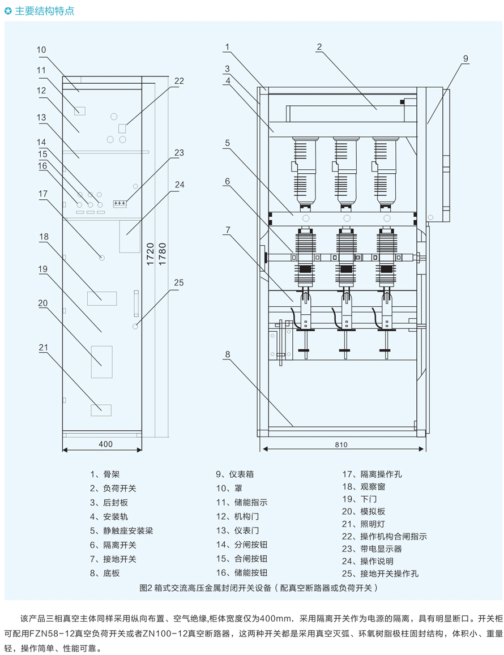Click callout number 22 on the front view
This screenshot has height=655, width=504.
[x=179, y=81]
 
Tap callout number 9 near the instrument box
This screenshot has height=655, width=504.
[x=465, y=58]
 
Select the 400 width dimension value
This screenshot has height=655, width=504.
[x=106, y=444]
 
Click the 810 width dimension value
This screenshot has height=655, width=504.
[x=341, y=444]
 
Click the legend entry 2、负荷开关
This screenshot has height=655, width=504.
[x=113, y=488]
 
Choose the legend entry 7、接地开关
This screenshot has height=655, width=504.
[x=113, y=559]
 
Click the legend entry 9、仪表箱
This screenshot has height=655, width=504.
[x=234, y=474]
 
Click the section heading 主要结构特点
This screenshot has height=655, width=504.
[x=44, y=11]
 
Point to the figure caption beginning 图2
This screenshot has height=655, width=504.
[x=258, y=588]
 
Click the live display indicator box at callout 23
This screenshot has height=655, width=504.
[x=119, y=203]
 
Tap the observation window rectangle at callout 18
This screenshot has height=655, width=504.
[x=102, y=298]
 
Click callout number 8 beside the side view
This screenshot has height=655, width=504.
[x=227, y=355]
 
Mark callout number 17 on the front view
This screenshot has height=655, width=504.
[x=43, y=194]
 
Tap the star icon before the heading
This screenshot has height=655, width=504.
[x=8, y=11]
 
